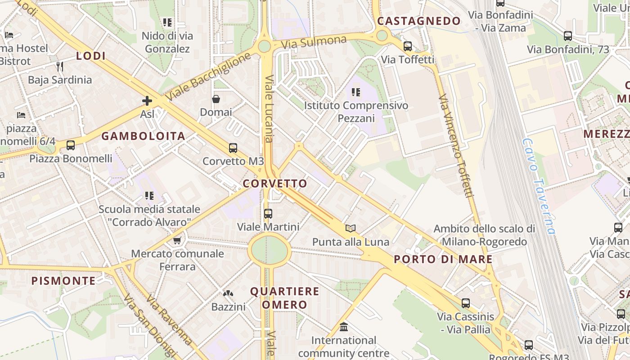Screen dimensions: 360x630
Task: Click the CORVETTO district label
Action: pyautogui.click(x=275, y=184)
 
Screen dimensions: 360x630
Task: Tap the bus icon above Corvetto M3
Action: pyautogui.click(x=233, y=148)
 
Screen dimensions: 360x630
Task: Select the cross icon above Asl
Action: pyautogui.click(x=147, y=101)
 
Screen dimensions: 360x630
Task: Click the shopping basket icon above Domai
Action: pyautogui.click(x=216, y=99)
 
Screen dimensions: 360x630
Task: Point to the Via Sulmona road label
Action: pyautogui.click(x=314, y=43)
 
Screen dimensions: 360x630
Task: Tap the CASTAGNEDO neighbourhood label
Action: pyautogui.click(x=418, y=21)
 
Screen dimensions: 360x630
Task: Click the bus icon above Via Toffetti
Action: pyautogui.click(x=408, y=46)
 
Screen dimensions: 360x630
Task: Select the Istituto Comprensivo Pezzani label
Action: pyautogui.click(x=356, y=112)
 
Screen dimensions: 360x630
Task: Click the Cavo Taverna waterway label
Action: pyautogui.click(x=539, y=185)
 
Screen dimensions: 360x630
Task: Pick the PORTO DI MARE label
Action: pyautogui.click(x=443, y=259)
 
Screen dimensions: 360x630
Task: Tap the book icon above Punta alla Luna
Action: pyautogui.click(x=351, y=229)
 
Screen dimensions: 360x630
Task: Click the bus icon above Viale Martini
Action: pyautogui.click(x=268, y=213)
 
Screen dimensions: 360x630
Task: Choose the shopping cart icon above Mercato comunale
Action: pyautogui.click(x=177, y=240)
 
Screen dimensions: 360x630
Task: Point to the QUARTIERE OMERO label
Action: pyautogui.click(x=284, y=298)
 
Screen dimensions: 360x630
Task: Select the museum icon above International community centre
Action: pyautogui.click(x=344, y=327)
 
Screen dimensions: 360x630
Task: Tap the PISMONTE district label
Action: pyautogui.click(x=63, y=281)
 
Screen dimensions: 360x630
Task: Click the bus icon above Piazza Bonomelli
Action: pyautogui.click(x=71, y=145)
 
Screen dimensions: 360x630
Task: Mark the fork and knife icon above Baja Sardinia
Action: pyautogui.click(x=60, y=67)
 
